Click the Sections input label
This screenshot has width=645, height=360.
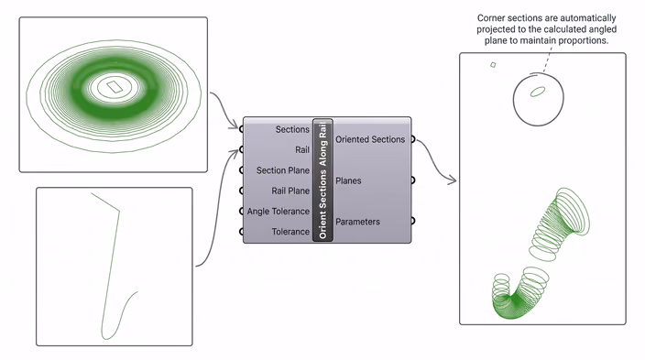[x=292, y=129]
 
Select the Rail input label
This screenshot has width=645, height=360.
[x=302, y=149]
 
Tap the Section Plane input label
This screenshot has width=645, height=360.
[x=282, y=170]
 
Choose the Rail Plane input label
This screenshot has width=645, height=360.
[x=290, y=191]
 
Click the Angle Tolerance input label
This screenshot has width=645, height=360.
[x=279, y=212]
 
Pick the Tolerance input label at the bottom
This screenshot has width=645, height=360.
[x=290, y=232]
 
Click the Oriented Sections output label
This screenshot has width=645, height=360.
[x=370, y=139]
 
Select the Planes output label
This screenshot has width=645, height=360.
[x=348, y=180]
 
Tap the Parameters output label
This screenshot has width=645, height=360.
[x=357, y=222]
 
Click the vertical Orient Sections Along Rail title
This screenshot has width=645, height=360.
[x=322, y=180]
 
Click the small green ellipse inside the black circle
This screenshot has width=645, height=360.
[x=538, y=92]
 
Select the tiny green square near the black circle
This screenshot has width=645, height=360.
[x=493, y=65]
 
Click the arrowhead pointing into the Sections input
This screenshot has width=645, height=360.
[x=235, y=125]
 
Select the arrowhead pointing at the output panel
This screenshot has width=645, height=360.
[x=453, y=180]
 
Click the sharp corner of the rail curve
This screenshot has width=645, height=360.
[x=119, y=212]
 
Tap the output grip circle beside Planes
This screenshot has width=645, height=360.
[x=412, y=180]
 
